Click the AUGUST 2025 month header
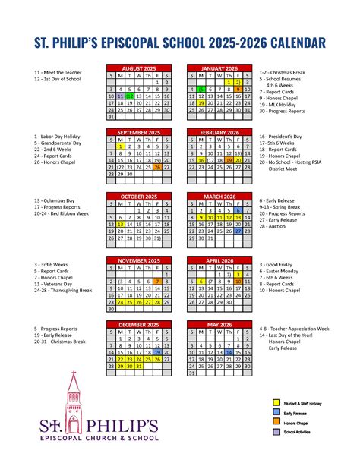click(x=138, y=68)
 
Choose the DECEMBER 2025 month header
click(x=138, y=324)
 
